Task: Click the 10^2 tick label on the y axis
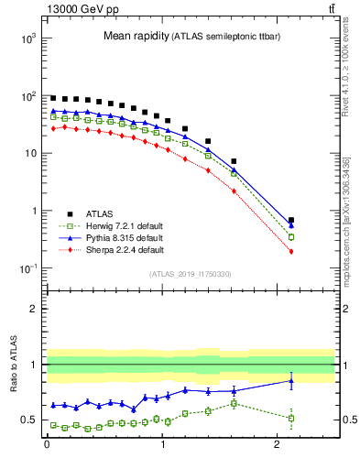pos(29,96)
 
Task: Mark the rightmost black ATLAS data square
pos(291,220)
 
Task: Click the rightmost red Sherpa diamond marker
pos(291,251)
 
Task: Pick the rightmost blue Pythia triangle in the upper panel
pos(291,225)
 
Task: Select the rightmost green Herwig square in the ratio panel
pos(291,418)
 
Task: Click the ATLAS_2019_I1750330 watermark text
pos(190,273)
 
